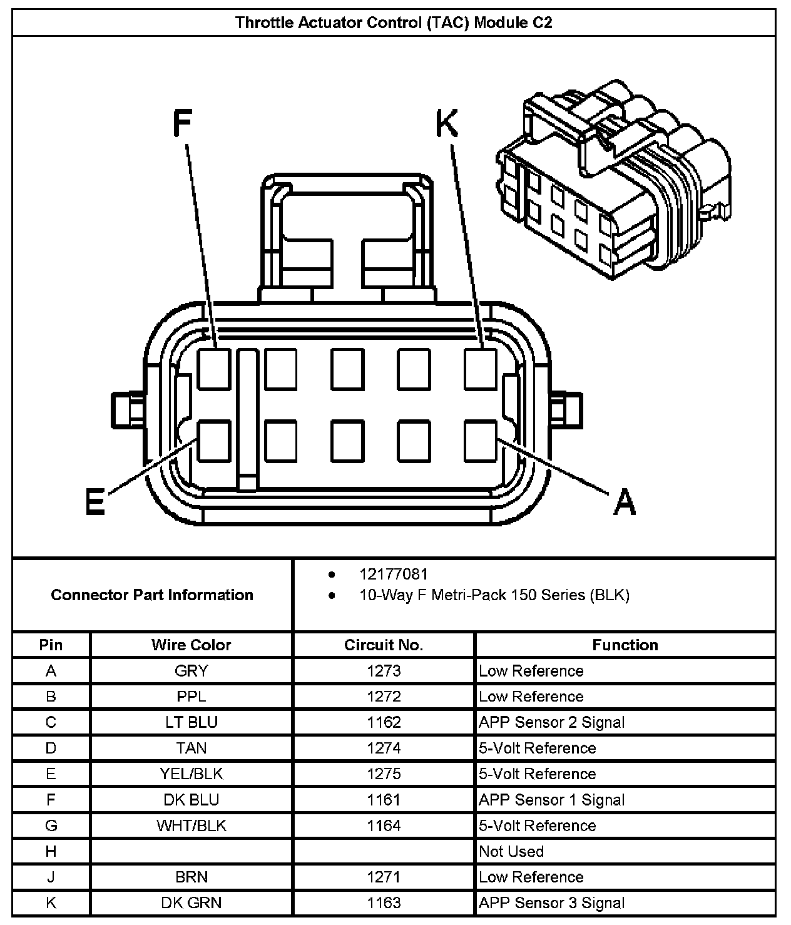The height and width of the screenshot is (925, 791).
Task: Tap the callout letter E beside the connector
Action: [x=95, y=502]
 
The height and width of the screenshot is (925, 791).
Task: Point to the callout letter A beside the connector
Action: [x=624, y=502]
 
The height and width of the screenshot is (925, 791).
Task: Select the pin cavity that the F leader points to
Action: [x=215, y=369]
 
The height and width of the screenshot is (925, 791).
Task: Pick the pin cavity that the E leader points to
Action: [x=215, y=441]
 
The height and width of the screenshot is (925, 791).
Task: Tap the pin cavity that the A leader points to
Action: [x=481, y=441]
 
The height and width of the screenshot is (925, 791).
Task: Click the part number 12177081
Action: [x=393, y=574]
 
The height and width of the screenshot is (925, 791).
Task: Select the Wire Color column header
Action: [x=191, y=645]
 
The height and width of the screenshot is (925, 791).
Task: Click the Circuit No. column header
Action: [x=384, y=645]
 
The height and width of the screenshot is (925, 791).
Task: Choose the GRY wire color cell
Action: [x=191, y=671]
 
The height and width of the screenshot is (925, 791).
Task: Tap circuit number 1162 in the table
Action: [x=384, y=722]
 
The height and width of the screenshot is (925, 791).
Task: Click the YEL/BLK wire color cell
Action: [x=191, y=774]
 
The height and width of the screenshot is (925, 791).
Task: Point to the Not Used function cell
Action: [x=511, y=851]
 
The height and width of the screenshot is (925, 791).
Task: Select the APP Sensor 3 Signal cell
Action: [x=551, y=902]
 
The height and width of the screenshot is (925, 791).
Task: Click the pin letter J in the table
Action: [x=51, y=877]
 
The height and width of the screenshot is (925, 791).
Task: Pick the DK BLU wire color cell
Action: [x=191, y=799]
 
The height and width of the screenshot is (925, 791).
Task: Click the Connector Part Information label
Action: [x=152, y=595]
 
